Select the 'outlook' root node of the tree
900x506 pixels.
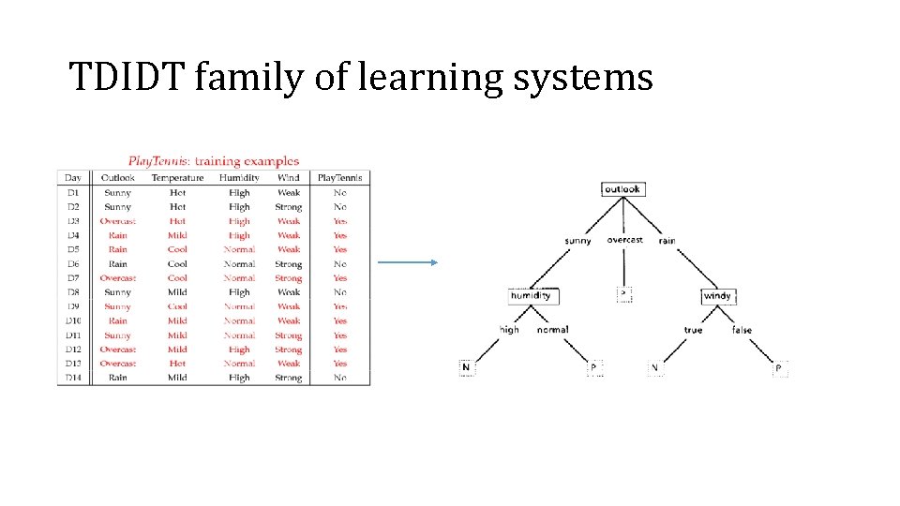622,189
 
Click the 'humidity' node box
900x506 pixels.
532,296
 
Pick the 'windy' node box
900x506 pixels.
717,296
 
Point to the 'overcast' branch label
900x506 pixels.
624,240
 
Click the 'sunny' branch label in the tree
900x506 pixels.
577,241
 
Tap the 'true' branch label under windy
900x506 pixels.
693,330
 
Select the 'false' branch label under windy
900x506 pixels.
742,330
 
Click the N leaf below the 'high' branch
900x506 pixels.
466,367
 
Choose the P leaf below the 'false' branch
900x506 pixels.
778,368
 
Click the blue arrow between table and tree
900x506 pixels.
408,262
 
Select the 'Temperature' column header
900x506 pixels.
177,178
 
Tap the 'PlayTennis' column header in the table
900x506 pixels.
339,178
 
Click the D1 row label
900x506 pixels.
73,193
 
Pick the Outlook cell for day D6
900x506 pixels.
118,264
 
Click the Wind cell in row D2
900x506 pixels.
289,207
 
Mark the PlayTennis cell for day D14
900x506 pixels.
339,378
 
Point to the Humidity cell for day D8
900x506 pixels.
239,292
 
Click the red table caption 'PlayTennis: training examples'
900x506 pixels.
214,161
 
